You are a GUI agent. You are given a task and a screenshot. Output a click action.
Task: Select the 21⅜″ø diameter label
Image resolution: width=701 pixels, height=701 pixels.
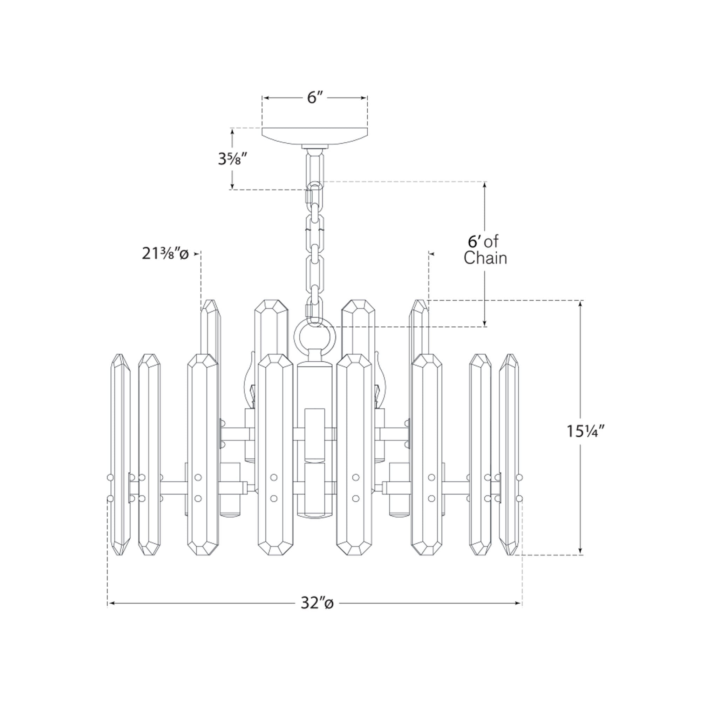[165, 254]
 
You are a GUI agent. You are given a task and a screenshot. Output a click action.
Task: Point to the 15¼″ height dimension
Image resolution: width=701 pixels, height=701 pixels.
[585, 431]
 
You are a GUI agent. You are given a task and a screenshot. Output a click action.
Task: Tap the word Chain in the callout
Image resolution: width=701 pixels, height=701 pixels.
[485, 258]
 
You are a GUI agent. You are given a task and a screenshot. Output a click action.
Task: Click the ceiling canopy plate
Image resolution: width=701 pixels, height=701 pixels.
[315, 136]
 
